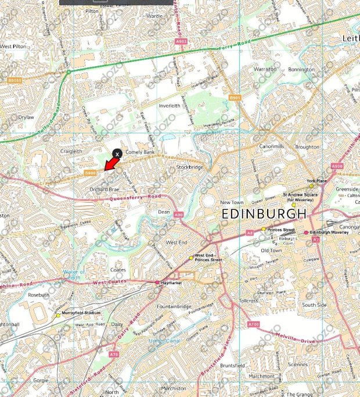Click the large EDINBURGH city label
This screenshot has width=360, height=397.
tap(263, 214)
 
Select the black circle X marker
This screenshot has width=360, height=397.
tap(117, 153)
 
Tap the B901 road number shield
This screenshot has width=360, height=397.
tap(234, 98)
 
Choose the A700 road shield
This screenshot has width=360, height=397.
tap(253, 324)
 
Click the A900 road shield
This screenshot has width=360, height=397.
tap(337, 166)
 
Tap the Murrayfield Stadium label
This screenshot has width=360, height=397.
tap(81, 313)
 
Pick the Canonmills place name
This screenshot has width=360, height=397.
tap(272, 146)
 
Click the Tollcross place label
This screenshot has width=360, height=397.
tap(248, 301)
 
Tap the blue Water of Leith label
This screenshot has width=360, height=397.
tap(74, 274)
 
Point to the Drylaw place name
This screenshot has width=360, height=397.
tap(26, 117)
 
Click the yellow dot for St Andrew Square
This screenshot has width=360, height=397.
tap(294, 205)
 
